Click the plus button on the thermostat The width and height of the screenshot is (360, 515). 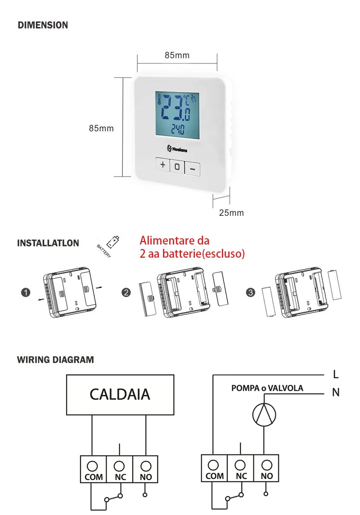click(163, 164)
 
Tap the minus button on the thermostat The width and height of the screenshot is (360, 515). click(192, 169)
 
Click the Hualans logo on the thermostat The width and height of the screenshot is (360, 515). click(177, 149)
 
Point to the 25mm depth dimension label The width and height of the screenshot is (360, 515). click(231, 213)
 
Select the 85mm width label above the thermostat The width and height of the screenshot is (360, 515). click(177, 55)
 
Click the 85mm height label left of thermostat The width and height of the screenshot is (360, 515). click(101, 128)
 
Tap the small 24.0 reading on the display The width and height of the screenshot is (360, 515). click(178, 130)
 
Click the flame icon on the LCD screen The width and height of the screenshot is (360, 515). click(194, 98)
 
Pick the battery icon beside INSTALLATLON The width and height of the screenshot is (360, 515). click(113, 242)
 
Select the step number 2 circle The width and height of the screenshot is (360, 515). click(126, 293)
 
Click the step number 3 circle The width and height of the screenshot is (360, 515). click(251, 292)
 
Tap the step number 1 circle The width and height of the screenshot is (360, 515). click(26, 293)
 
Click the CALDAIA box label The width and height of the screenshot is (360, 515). click(120, 394)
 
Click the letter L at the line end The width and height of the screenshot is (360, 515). click(336, 375)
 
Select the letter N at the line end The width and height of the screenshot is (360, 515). click(336, 392)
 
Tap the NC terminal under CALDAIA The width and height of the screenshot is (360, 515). click(120, 469)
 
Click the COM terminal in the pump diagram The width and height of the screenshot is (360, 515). click(214, 468)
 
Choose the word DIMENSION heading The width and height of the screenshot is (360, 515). click(43, 25)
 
